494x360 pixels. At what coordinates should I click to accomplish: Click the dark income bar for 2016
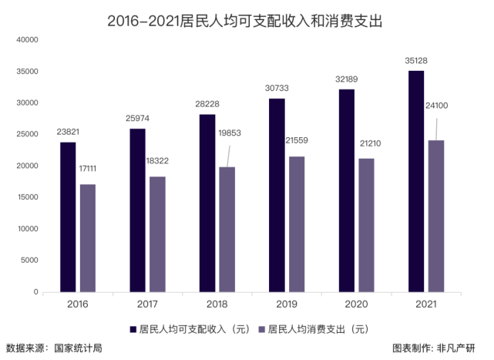point(68,217)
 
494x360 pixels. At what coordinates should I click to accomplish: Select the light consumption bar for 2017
point(157,234)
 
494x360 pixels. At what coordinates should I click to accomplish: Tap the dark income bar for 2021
point(416,181)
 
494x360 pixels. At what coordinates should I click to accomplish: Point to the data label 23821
point(68,132)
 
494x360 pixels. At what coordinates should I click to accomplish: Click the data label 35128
point(416,61)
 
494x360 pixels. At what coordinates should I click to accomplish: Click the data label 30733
point(277,89)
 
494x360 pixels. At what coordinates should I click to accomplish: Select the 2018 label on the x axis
point(217,304)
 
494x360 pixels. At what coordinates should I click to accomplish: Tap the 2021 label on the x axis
point(425,304)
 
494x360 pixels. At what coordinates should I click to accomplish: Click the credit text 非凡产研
point(455,348)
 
